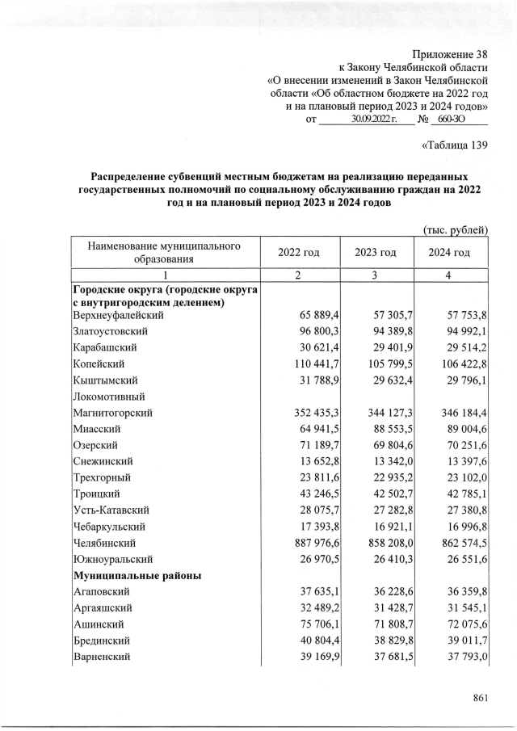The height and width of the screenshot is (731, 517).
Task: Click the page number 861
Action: pyautogui.click(x=481, y=699)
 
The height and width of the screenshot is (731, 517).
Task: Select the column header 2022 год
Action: pyautogui.click(x=299, y=253)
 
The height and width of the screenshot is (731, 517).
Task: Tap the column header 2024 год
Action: pyautogui.click(x=450, y=253)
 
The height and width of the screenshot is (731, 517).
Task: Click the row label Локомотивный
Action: pyautogui.click(x=108, y=396)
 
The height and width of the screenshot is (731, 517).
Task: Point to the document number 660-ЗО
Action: pyautogui.click(x=457, y=120)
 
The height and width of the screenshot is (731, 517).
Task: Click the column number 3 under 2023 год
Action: pyautogui.click(x=375, y=275)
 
